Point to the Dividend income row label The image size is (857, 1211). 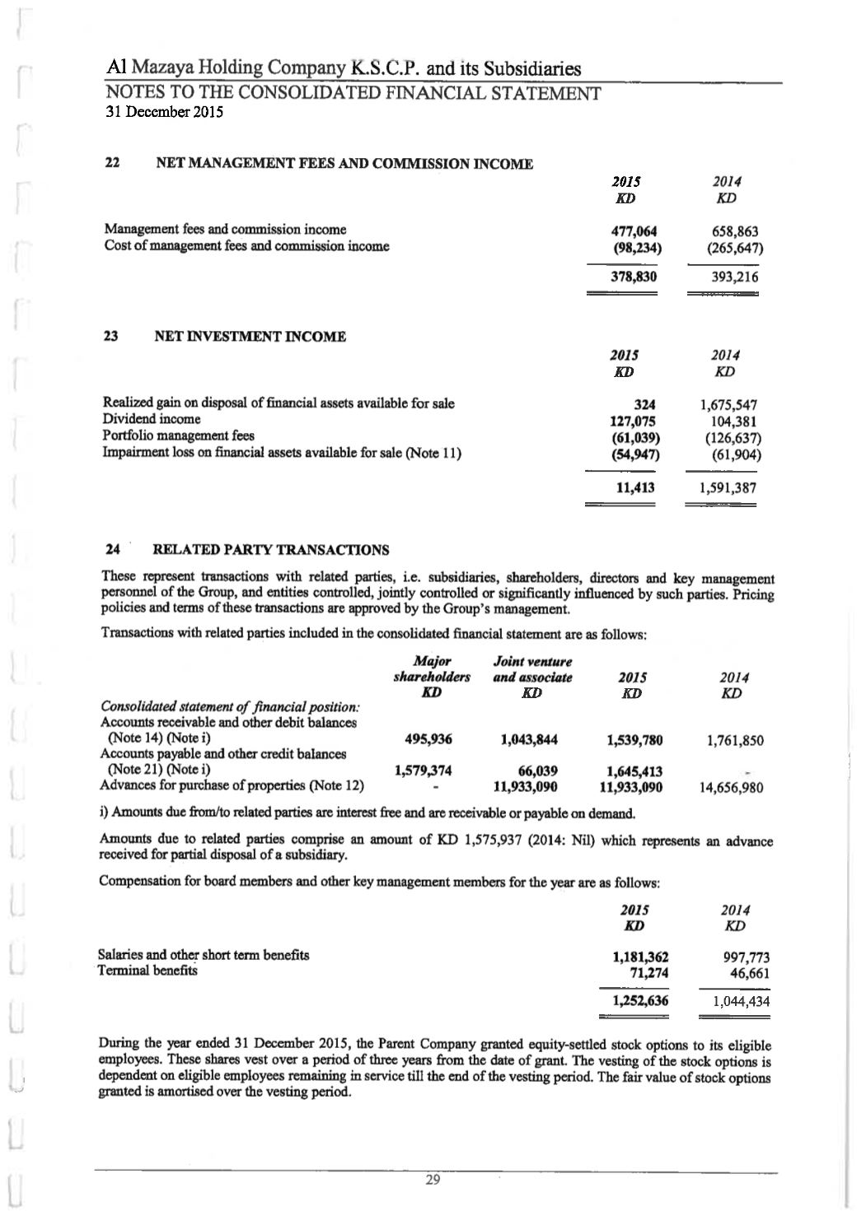pos(151,420)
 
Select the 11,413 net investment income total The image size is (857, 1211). pos(635,487)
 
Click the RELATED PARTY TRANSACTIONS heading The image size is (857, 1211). pos(271,550)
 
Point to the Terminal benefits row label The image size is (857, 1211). pos(148,971)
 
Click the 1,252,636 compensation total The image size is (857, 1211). pos(637,1001)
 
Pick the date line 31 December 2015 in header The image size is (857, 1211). pos(165,113)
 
